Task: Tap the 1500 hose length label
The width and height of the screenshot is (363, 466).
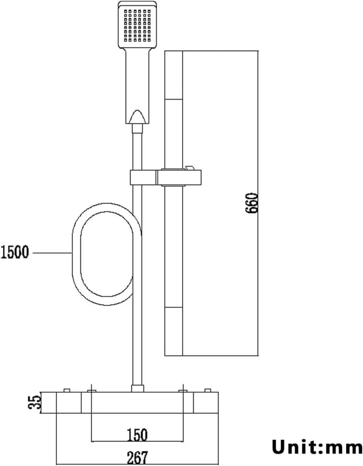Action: pyautogui.click(x=15, y=253)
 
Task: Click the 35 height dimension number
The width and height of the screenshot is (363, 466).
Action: pyautogui.click(x=35, y=403)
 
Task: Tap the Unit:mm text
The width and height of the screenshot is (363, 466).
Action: pyautogui.click(x=317, y=447)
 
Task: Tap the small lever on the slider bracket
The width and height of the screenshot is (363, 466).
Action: pyautogui.click(x=190, y=168)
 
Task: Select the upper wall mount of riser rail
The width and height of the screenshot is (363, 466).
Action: pyautogui.click(x=174, y=75)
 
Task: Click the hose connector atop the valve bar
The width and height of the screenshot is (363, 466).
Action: pyautogui.click(x=137, y=388)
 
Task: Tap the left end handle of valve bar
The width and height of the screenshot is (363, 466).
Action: pyautogui.click(x=69, y=403)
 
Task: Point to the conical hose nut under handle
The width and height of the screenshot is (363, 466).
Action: pyautogui.click(x=138, y=118)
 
